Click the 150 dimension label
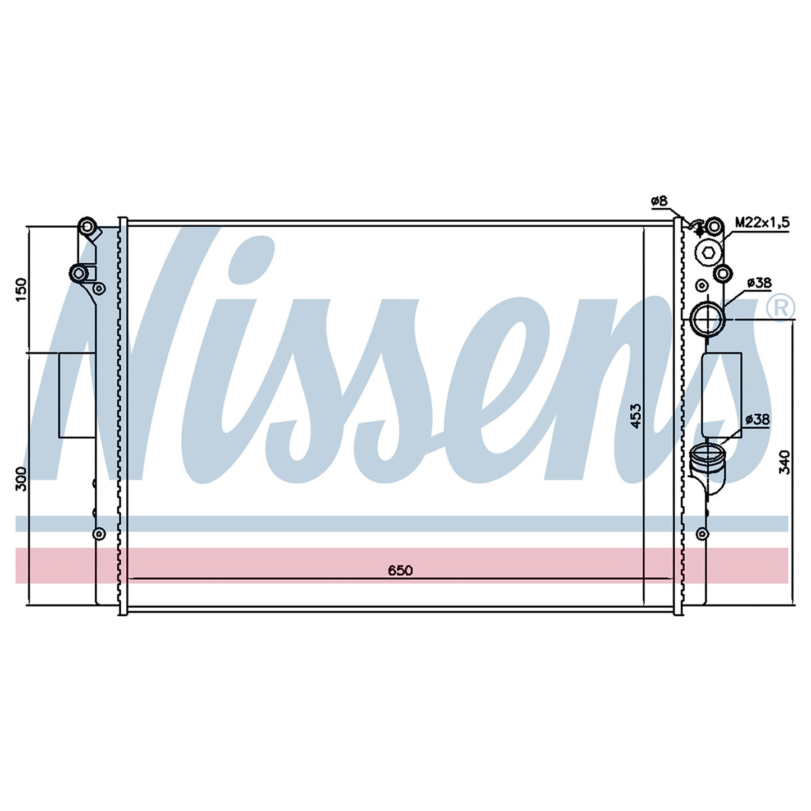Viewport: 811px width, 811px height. pos(21,289)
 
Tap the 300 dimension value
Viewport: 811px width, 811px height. pos(21,478)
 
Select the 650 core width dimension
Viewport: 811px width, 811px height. pos(400,570)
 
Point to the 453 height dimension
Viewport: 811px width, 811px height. pos(636,416)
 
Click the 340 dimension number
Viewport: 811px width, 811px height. pos(784,462)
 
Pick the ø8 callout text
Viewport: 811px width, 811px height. pos(659,201)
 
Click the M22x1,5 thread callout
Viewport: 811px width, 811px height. pos(762,222)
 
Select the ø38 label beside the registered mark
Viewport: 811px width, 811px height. pos(760,283)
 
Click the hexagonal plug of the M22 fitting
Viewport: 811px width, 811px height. pos(707,253)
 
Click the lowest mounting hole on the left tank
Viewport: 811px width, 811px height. pos(99,534)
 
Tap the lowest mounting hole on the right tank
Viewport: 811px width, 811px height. pos(701,534)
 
